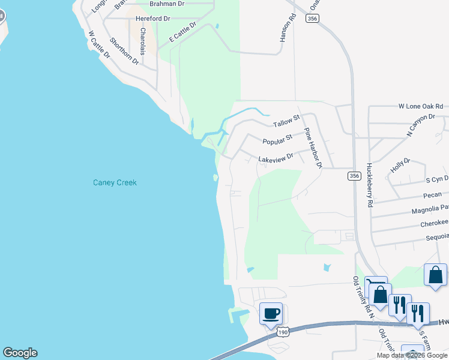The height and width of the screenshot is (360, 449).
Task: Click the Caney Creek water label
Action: tap(115, 182)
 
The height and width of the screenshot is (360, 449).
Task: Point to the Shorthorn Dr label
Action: tap(124, 52)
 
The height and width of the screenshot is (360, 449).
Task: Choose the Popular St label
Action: tap(277, 140)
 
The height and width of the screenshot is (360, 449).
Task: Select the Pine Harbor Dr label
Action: tap(313, 148)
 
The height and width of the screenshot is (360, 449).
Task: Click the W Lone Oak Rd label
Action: tap(423, 106)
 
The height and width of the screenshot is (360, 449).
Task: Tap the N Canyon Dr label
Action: tap(420, 125)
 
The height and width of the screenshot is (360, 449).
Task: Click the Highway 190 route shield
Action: tap(283, 332)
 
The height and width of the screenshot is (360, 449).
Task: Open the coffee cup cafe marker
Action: tap(271, 313)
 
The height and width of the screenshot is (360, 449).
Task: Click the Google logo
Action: tap(20, 353)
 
